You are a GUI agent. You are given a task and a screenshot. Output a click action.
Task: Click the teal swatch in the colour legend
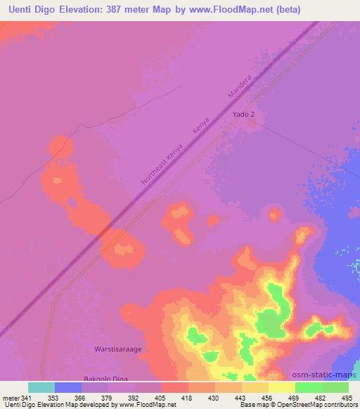(41, 387)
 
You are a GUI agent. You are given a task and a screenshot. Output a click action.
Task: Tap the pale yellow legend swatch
(282, 387)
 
